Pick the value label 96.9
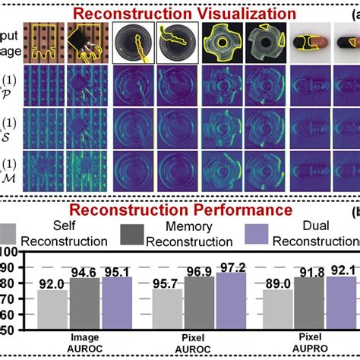[x=201, y=270]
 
